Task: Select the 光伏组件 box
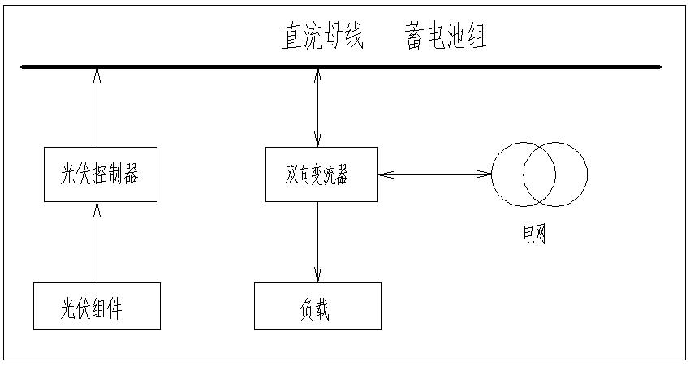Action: click(x=97, y=307)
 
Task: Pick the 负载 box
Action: click(x=317, y=307)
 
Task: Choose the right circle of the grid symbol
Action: click(x=573, y=174)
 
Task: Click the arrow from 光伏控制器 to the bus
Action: click(x=97, y=110)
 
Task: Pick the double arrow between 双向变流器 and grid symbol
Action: click(x=434, y=174)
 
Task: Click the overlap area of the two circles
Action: click(x=539, y=174)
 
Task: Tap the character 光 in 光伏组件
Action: click(x=69, y=308)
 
